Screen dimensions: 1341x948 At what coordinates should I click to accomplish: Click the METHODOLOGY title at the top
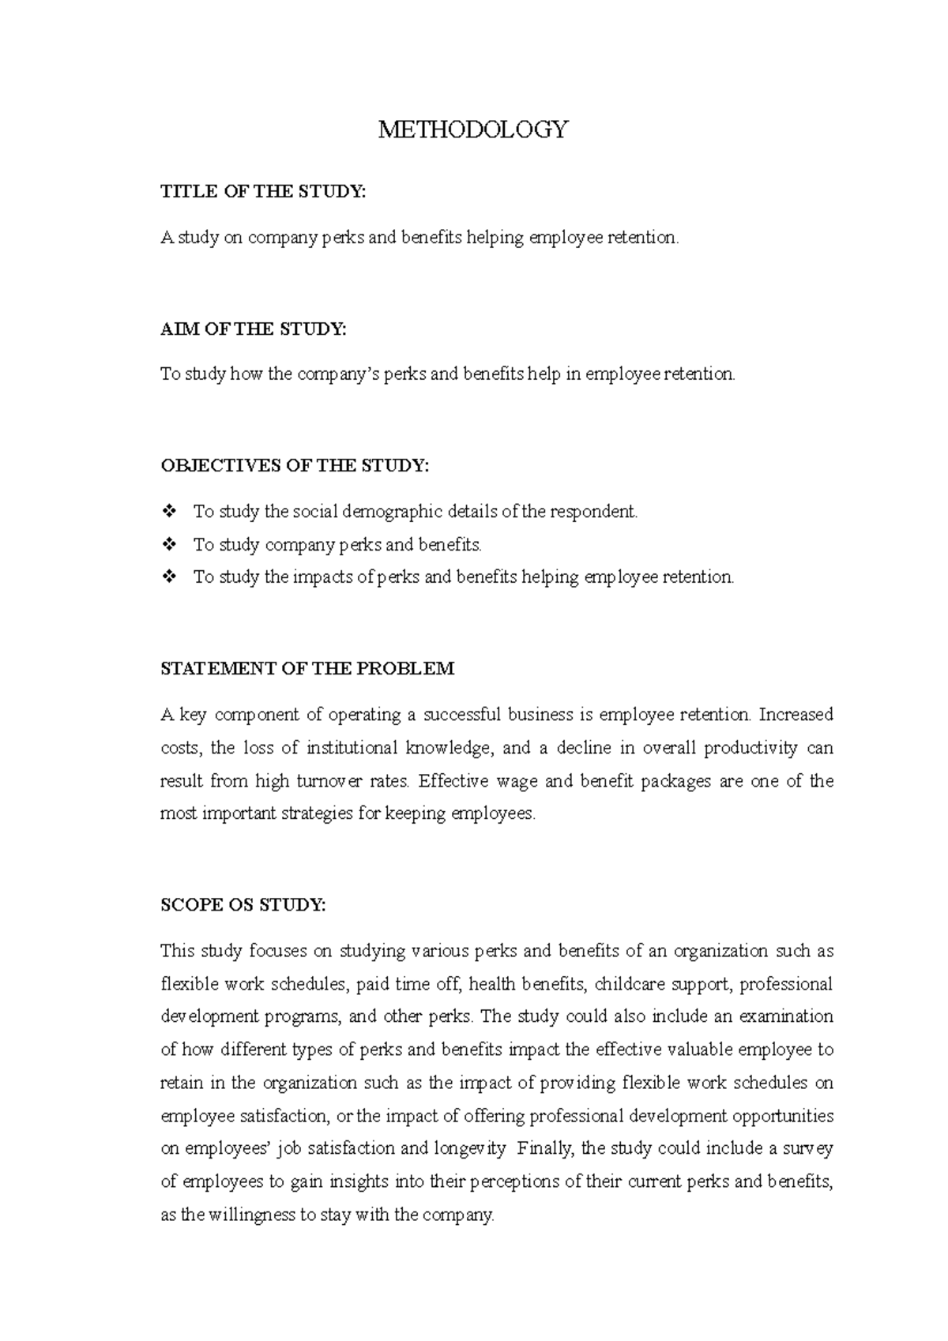472,130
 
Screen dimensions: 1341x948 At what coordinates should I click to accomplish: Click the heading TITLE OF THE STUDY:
263,191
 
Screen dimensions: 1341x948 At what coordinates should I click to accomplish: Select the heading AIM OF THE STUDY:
253,329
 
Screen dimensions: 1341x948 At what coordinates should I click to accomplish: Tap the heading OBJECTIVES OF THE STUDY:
295,466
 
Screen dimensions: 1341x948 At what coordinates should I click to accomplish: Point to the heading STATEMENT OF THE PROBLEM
307,669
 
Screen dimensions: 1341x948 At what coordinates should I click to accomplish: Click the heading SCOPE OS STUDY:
243,905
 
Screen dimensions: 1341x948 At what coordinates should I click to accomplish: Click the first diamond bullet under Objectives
168,512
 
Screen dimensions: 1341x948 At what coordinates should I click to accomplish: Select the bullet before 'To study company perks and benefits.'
168,545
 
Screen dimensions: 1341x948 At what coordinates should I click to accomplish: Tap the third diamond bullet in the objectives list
168,577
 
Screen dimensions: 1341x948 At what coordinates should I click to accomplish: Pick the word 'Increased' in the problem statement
796,715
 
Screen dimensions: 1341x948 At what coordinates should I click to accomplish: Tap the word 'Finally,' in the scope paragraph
546,1148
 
